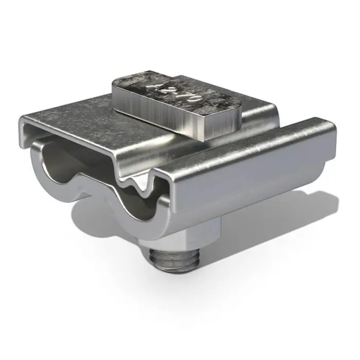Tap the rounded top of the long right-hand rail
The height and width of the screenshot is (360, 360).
(x=247, y=149)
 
